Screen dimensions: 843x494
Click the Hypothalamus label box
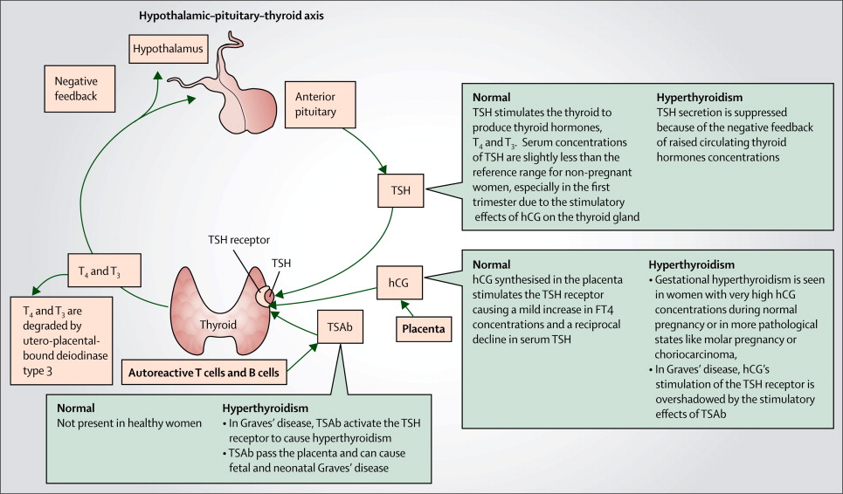point(169,49)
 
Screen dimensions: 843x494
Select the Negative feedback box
point(79,89)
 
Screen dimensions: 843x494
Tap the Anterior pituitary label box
point(320,105)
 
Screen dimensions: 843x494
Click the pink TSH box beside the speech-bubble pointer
point(400,190)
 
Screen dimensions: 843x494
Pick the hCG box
point(399,283)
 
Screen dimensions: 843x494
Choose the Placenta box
point(424,329)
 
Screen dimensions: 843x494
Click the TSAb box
point(340,326)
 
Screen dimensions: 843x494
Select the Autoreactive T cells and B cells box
point(204,372)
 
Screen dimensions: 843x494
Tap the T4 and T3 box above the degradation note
point(105,270)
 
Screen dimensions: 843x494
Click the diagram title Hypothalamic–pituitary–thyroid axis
point(231,16)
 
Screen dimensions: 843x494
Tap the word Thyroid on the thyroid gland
point(218,325)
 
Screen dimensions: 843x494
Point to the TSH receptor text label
point(238,239)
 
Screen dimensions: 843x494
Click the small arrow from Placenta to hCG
point(407,308)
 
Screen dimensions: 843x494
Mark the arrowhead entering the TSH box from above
point(383,169)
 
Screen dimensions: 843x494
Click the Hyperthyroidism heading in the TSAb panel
point(266,408)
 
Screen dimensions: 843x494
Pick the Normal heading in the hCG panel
point(492,264)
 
